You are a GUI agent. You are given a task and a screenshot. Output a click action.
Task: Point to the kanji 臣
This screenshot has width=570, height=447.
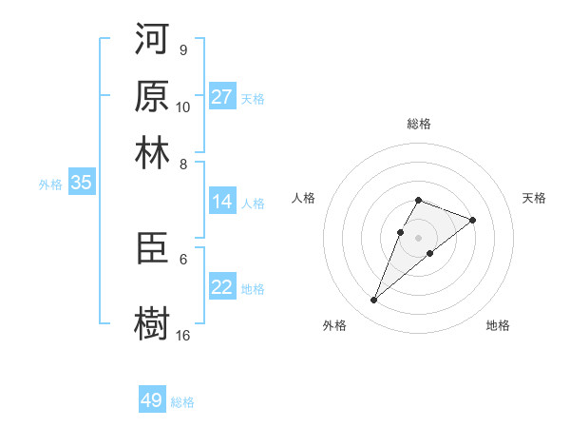click(x=152, y=250)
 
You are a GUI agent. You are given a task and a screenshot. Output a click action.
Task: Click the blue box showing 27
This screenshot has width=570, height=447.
click(x=222, y=97)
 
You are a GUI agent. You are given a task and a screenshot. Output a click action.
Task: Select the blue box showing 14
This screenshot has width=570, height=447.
click(x=222, y=202)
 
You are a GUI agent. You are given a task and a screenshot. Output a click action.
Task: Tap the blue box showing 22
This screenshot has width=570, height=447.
click(x=222, y=287)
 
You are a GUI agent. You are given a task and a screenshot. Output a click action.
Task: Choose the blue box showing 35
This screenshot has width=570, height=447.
click(x=81, y=184)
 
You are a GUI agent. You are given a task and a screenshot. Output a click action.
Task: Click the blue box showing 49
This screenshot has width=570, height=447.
click(x=152, y=400)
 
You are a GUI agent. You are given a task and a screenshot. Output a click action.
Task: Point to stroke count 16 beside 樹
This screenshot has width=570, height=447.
click(x=183, y=335)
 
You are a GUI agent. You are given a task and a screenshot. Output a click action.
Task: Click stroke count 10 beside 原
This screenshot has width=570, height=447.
click(x=183, y=107)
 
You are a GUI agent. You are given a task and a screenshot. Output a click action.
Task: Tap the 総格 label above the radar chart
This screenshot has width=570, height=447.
click(x=419, y=124)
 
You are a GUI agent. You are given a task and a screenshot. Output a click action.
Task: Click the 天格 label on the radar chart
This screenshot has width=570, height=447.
click(x=534, y=198)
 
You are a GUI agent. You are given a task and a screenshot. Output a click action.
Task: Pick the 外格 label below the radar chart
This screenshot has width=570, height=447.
click(x=334, y=325)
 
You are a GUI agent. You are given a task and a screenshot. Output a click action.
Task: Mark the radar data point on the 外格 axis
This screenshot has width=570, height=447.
click(x=374, y=301)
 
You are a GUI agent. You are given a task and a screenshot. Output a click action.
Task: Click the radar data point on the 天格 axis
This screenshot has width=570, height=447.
click(x=472, y=220)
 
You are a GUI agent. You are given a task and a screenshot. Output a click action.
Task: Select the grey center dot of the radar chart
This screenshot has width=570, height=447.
click(x=419, y=236)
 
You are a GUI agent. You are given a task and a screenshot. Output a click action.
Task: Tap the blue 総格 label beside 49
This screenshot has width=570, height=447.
click(x=182, y=402)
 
